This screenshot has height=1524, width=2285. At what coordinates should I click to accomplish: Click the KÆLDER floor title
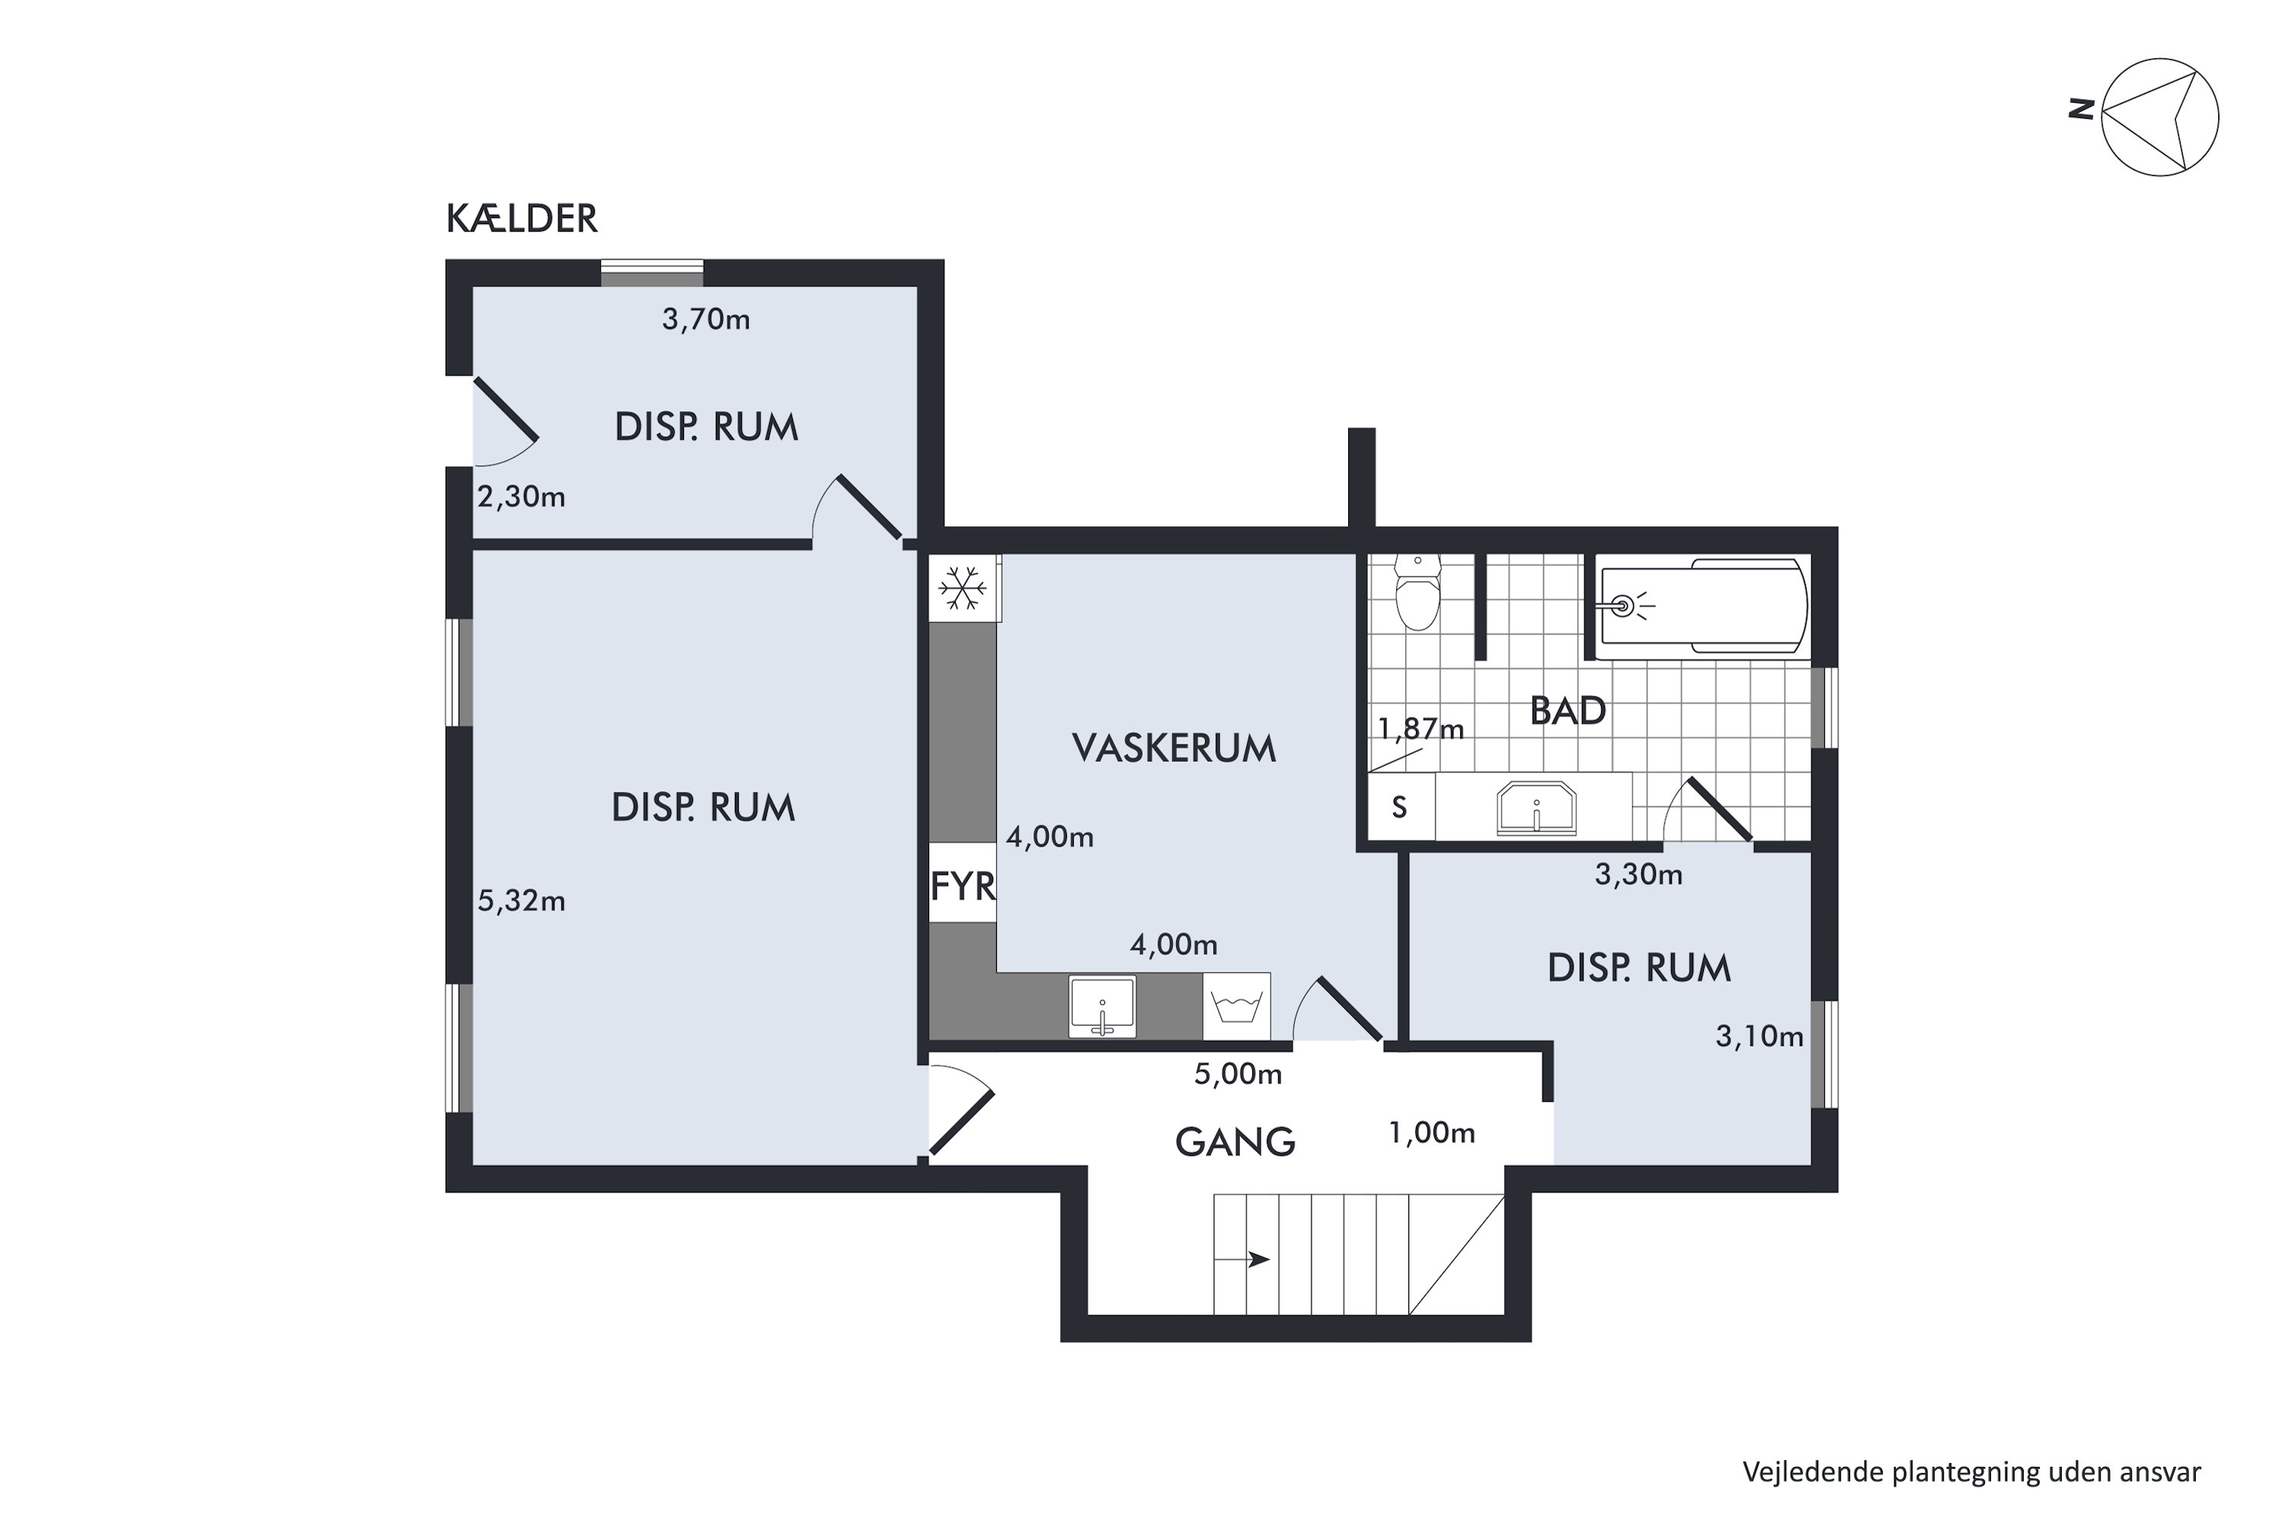point(522,219)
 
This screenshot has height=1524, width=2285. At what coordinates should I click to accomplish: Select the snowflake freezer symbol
point(963,588)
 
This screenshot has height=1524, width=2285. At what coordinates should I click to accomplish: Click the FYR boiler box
point(963,885)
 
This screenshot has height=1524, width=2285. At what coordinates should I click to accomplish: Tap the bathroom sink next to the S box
point(1536,808)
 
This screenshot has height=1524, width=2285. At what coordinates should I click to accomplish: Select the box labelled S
point(1400,807)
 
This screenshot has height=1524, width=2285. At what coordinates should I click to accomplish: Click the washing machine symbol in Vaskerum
point(1237,1006)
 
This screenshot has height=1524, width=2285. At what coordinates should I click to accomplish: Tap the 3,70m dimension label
point(706,320)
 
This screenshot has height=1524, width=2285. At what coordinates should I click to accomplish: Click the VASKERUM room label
point(1174,748)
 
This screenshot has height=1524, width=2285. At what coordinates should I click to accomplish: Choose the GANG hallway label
point(1235,1142)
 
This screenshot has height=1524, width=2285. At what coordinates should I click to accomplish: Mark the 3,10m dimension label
point(1759,1037)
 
